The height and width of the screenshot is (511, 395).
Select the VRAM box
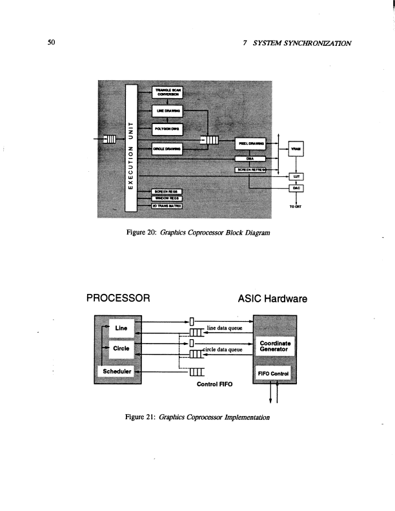[x=297, y=147]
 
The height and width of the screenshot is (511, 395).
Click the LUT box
[x=296, y=176]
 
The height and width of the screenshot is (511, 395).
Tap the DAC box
[x=296, y=188]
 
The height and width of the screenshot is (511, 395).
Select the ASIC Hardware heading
[x=273, y=298]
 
